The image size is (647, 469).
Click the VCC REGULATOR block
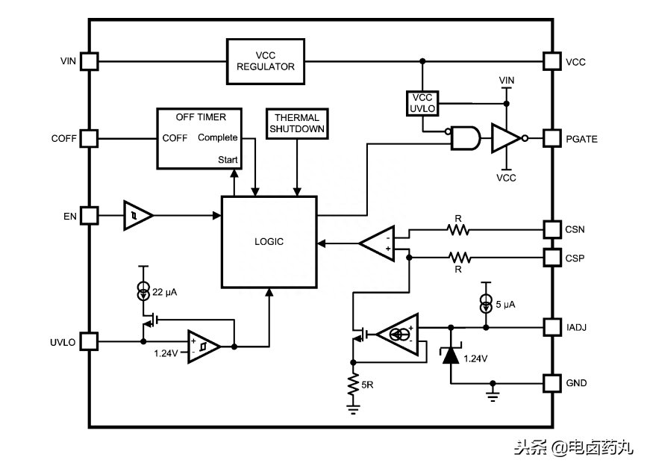click(266, 61)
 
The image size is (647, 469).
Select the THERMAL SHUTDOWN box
click(297, 123)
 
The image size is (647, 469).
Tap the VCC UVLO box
click(422, 103)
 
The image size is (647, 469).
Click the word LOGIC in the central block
click(269, 241)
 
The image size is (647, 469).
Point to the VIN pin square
click(89, 61)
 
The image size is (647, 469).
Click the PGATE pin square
click(551, 138)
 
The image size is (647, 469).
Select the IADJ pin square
click(551, 327)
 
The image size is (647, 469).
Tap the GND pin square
click(551, 383)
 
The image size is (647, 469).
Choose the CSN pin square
click(551, 229)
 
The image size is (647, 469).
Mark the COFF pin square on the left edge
click(89, 138)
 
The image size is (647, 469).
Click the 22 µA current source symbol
click(143, 291)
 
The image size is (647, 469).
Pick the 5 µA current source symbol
click(486, 303)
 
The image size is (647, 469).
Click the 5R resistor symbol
click(353, 385)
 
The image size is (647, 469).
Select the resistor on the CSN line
click(458, 229)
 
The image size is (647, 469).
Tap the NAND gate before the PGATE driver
click(466, 138)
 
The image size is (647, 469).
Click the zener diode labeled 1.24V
click(451, 355)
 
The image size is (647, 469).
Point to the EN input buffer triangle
click(138, 216)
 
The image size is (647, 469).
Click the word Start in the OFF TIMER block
click(228, 160)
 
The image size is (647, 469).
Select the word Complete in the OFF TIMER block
click(217, 137)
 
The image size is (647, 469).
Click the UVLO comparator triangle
click(204, 347)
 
